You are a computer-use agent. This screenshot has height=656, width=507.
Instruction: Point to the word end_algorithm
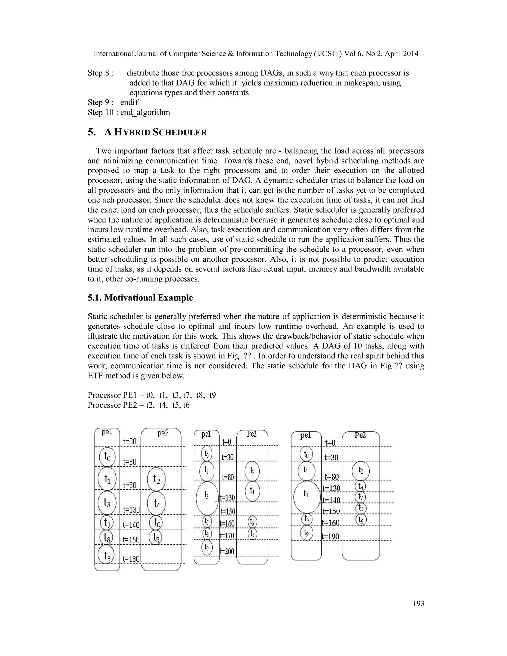145,112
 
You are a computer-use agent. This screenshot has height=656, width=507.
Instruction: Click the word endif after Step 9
129,102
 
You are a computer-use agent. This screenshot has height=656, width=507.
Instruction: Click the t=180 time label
131,559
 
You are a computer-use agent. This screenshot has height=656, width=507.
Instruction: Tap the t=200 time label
227,551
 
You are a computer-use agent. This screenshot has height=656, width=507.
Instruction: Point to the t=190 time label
330,536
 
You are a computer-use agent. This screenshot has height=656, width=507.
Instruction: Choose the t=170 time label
227,535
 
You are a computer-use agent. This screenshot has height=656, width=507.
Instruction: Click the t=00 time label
130,441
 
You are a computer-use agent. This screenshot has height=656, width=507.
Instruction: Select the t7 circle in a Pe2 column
360,497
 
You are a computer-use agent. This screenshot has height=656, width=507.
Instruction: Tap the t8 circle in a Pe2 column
360,508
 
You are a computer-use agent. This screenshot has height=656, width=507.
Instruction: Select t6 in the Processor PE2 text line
186,405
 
